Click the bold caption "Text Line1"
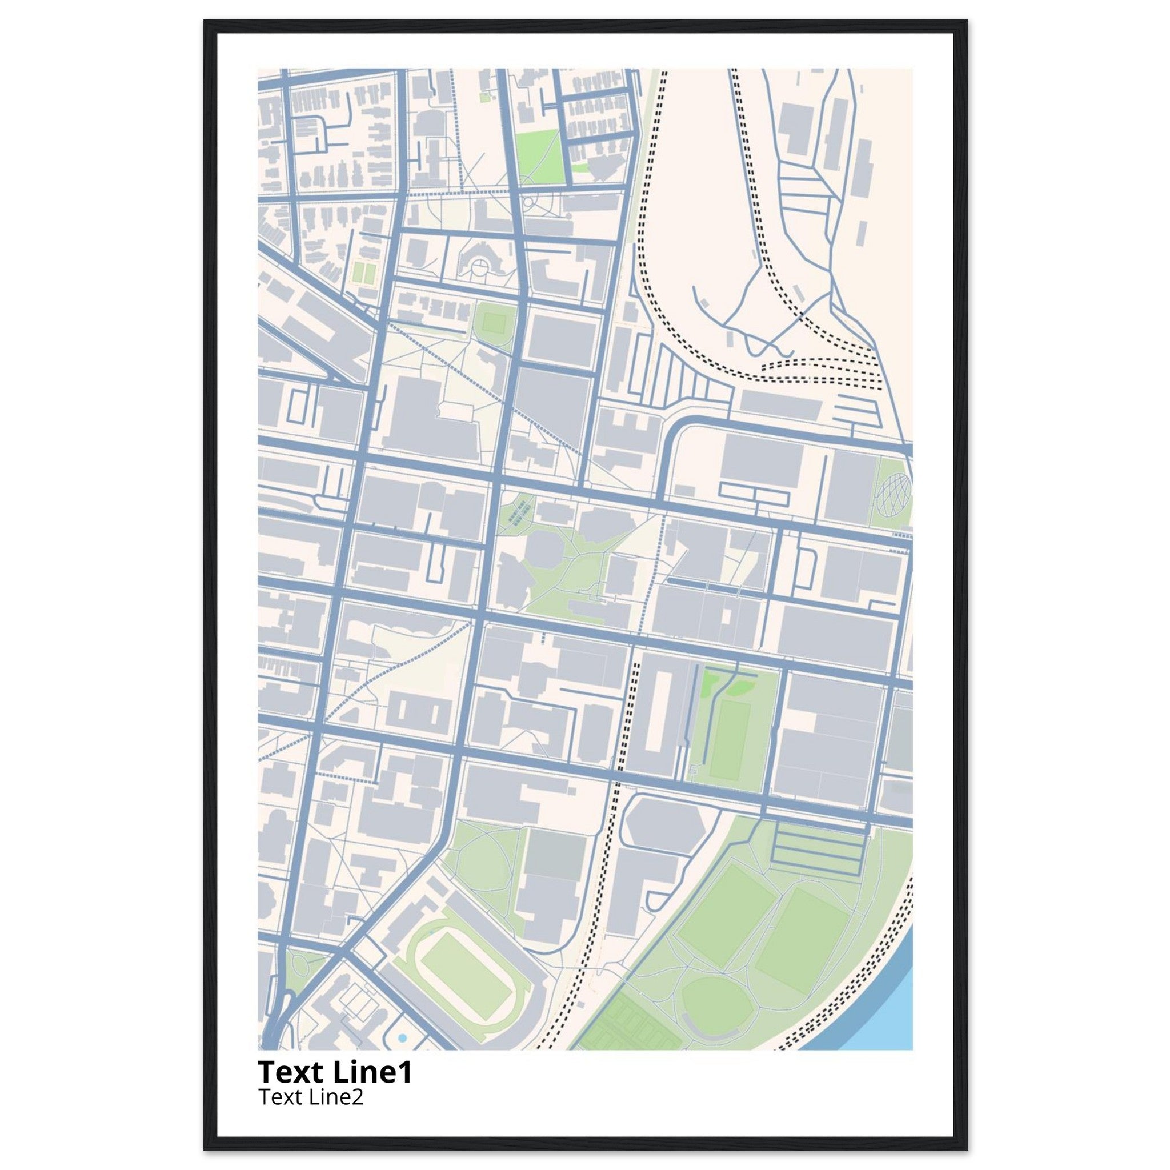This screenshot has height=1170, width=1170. (335, 1072)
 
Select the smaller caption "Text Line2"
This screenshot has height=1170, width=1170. (311, 1097)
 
